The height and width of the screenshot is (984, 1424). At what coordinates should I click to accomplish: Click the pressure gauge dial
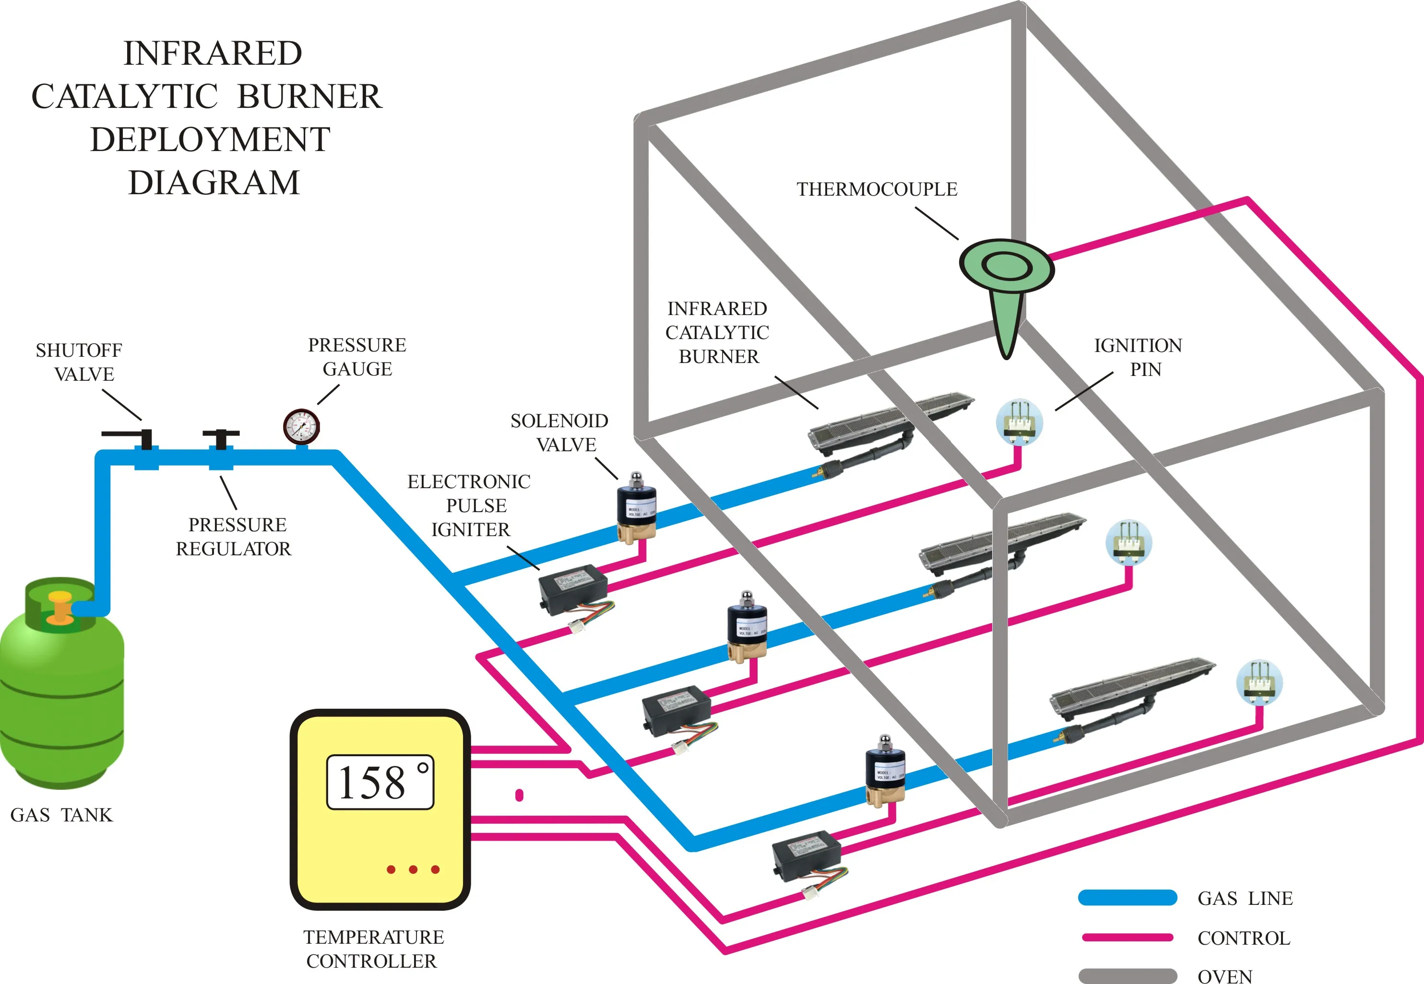[301, 426]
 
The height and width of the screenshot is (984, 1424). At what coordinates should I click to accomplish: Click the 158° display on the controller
[380, 782]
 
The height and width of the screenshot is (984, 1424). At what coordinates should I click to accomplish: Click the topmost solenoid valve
[637, 509]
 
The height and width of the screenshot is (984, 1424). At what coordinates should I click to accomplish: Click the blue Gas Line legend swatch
[1127, 898]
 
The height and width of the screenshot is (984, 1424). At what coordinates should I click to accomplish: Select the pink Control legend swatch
[1127, 937]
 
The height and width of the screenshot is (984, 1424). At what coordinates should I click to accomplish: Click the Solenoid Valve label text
[560, 432]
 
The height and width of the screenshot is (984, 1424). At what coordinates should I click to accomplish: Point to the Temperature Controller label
[373, 948]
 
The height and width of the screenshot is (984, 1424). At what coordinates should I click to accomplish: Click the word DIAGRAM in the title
[214, 183]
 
